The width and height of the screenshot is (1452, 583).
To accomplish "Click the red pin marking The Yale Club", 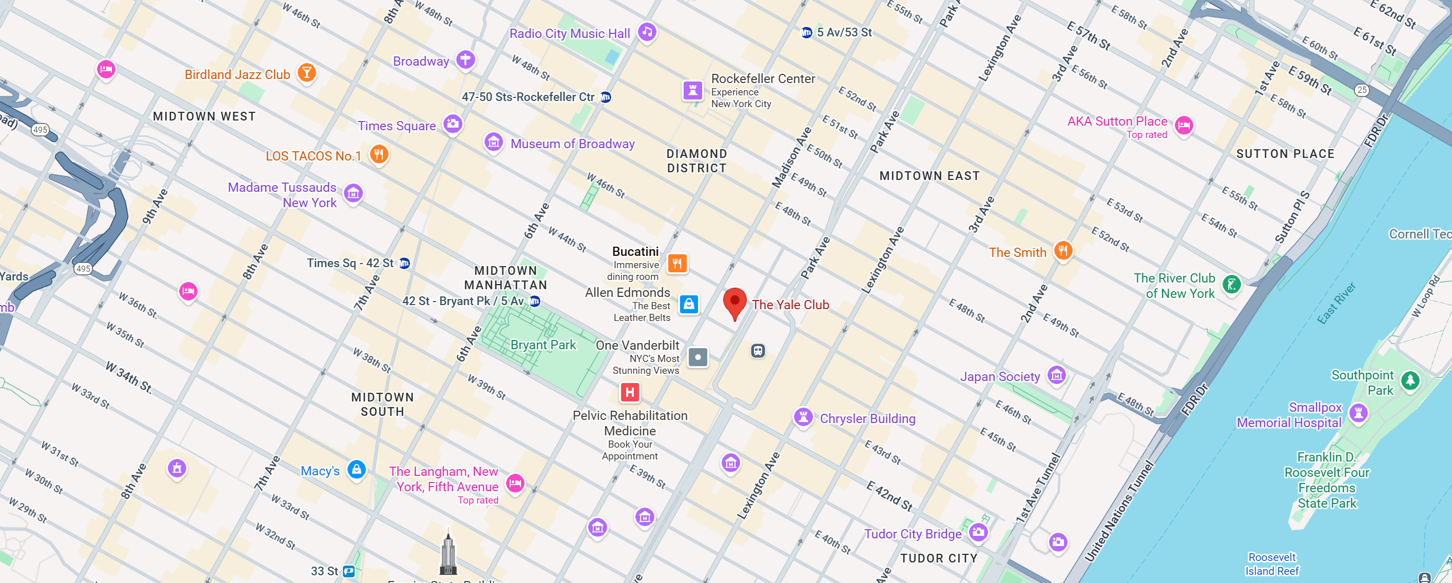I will coord(734,301).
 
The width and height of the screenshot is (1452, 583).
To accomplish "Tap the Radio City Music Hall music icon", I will coord(647,32).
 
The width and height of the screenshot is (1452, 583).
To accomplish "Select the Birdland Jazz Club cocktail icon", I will coord(306,72).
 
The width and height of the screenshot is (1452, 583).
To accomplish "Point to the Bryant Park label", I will coord(543,345).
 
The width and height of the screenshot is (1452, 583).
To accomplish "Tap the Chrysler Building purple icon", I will coord(803,417).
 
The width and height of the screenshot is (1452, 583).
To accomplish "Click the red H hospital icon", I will coord(630,392).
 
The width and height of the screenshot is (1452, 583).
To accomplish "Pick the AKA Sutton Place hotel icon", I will coord(1184,125).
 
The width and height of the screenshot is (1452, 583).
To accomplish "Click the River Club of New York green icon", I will coord(1231,285).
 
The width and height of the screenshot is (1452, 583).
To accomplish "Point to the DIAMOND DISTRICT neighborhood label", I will coord(696,161).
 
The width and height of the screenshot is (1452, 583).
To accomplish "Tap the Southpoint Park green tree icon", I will coord(1410,380).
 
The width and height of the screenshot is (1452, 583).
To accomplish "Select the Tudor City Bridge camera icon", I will coord(978,531).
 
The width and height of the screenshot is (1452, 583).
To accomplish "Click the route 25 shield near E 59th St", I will coord(1362,90).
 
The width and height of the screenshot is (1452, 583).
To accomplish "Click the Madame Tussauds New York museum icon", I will coord(354,193).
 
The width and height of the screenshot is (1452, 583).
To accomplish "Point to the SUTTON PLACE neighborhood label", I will coord(1285,154).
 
